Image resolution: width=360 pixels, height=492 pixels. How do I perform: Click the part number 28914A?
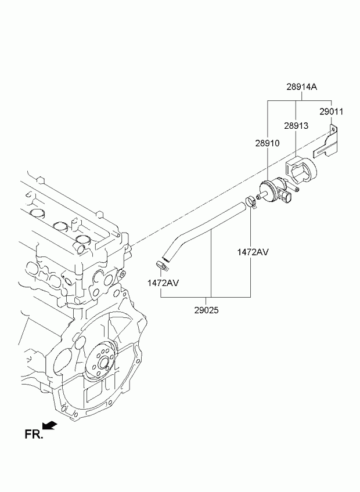(x=301, y=87)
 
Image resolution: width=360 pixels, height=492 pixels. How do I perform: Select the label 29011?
(x=332, y=112)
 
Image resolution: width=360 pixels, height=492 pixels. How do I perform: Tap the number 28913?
(x=296, y=126)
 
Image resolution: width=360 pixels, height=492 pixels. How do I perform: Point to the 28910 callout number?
(x=267, y=143)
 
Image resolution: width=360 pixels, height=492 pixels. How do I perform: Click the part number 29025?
(x=206, y=310)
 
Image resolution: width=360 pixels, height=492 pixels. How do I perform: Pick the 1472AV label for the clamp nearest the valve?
(x=253, y=252)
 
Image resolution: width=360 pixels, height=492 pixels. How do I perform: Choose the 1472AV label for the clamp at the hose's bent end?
(x=163, y=283)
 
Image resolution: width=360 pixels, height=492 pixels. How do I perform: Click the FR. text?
(x=34, y=435)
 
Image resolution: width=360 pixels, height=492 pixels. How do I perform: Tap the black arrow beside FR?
(x=49, y=425)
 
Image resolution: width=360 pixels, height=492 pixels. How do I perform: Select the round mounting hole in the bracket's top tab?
(x=333, y=129)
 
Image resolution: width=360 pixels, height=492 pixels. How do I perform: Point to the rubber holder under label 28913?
(x=301, y=172)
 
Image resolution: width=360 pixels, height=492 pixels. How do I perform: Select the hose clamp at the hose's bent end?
(x=162, y=265)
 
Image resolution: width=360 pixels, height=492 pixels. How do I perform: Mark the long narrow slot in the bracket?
(x=324, y=150)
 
